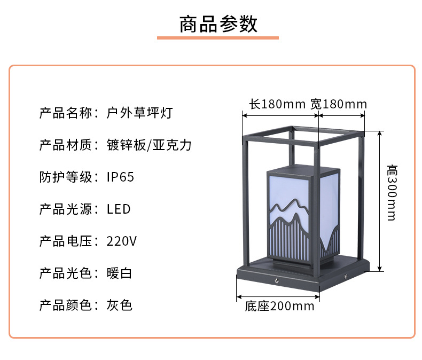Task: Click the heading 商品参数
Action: (218, 24)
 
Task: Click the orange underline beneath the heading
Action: (218, 38)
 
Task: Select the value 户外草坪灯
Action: (139, 113)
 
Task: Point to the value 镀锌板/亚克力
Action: (149, 145)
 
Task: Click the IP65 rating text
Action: (121, 177)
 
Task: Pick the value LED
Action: (119, 209)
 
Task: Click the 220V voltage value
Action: (122, 241)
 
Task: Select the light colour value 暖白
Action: (119, 273)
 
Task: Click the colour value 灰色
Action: (119, 306)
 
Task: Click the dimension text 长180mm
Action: (277, 104)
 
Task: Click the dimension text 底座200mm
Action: (279, 306)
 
